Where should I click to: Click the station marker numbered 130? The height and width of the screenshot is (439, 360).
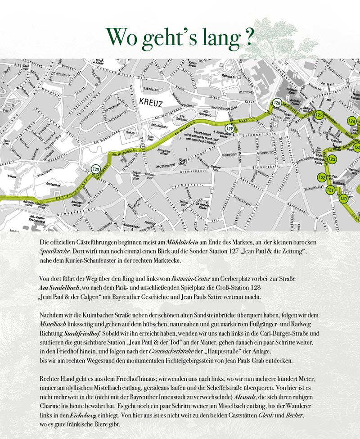pyautogui.click(x=95, y=170)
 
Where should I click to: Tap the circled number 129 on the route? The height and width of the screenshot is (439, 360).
pyautogui.click(x=229, y=129)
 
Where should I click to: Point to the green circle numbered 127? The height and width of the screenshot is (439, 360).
pyautogui.click(x=319, y=115)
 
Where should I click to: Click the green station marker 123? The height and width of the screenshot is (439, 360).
pyautogui.click(x=332, y=159)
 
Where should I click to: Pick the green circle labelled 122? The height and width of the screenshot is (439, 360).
pyautogui.click(x=322, y=177)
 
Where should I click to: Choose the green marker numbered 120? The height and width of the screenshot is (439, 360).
pyautogui.click(x=344, y=198)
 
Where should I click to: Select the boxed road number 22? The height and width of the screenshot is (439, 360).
pyautogui.click(x=182, y=161)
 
